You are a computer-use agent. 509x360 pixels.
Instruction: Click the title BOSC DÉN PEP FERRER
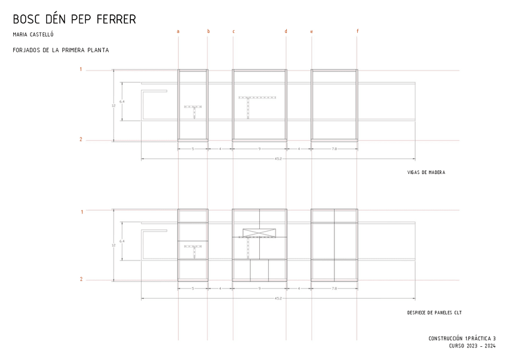pos(74,19)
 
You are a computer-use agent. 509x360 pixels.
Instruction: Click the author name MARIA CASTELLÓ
pos(33,35)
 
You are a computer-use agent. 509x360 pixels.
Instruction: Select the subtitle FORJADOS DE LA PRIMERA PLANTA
pos(61,50)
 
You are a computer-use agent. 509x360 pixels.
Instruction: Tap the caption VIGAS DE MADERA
pos(426,173)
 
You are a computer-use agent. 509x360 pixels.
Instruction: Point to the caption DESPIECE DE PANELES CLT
pos(434,313)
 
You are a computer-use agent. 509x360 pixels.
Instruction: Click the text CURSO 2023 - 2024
pos(472,346)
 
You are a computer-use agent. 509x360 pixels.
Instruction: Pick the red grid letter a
pos(178,31)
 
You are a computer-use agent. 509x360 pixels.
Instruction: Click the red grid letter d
pos(286,31)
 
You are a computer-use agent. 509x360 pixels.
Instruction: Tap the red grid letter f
pos(358,31)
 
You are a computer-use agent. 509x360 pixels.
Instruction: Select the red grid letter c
pos(233,31)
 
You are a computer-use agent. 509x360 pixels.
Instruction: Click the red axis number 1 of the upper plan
pos(81,70)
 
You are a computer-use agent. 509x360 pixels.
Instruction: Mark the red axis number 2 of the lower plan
pos(81,279)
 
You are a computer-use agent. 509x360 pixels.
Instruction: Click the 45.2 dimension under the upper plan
pos(279,159)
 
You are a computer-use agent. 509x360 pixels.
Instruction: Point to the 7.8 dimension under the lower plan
pos(334,289)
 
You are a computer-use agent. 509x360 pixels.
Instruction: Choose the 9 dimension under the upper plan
pos(259,148)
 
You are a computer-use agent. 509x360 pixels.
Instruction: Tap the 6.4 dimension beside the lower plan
pos(122,241)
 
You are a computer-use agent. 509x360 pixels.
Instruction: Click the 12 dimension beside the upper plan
pos(113,106)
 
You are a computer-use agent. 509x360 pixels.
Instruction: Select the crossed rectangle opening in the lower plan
pos(259,233)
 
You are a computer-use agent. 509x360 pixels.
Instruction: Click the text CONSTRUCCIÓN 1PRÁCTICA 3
pos(462,338)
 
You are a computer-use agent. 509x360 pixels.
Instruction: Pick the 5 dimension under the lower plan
pos(193,289)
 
